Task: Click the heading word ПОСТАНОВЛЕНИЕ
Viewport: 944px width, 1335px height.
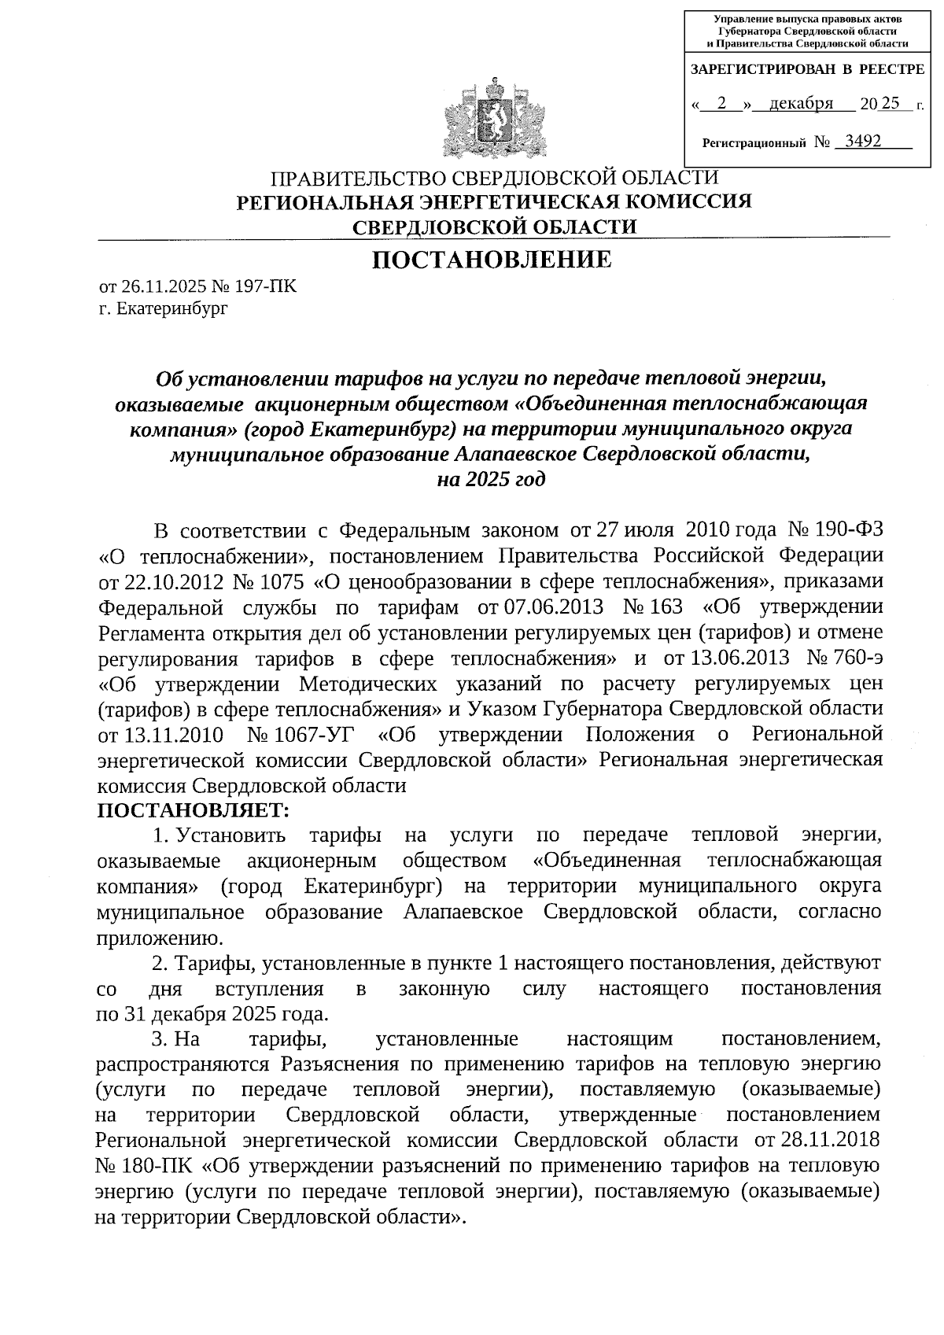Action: click(492, 260)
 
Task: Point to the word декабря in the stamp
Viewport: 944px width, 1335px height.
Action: click(801, 104)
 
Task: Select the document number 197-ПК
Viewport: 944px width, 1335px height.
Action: click(269, 286)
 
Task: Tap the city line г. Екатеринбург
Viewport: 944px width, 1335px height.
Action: click(163, 308)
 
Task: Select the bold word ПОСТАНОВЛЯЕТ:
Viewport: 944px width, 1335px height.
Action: click(194, 809)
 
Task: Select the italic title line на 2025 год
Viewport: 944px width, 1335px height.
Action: click(491, 479)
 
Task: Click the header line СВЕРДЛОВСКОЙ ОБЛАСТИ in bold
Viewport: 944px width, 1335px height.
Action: click(495, 227)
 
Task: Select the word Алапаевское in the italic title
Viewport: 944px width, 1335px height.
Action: click(514, 454)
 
